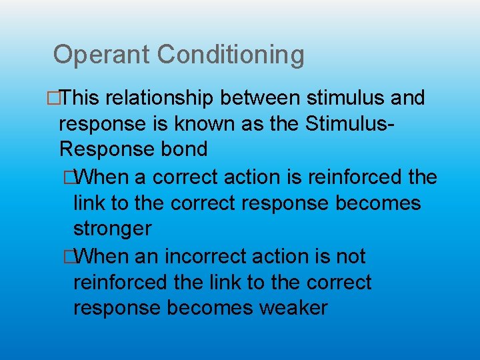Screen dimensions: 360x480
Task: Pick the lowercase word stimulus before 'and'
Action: point(347,98)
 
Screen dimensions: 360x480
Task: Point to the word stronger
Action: point(112,229)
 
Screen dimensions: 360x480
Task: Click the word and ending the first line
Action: point(408,98)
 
